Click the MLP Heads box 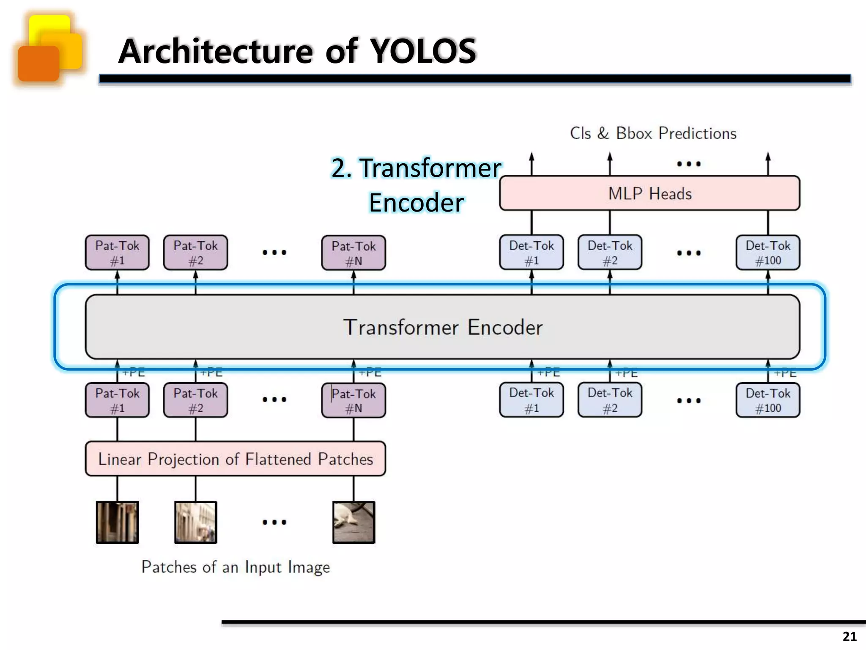pyautogui.click(x=649, y=193)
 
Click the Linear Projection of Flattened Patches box pyautogui.click(x=235, y=459)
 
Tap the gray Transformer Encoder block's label pyautogui.click(x=442, y=327)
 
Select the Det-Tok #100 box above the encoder pyautogui.click(x=767, y=253)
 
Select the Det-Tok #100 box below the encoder pyautogui.click(x=767, y=400)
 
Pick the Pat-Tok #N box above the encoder pyautogui.click(x=354, y=253)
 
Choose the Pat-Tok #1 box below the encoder pyautogui.click(x=117, y=400)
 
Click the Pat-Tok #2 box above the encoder pyautogui.click(x=195, y=253)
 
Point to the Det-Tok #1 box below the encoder pyautogui.click(x=531, y=400)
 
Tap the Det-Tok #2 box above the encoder pyautogui.click(x=610, y=253)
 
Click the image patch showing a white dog pyautogui.click(x=354, y=522)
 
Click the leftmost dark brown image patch pyautogui.click(x=117, y=522)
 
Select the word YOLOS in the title pyautogui.click(x=423, y=51)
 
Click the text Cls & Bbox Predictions pyautogui.click(x=653, y=133)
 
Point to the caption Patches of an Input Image pyautogui.click(x=235, y=567)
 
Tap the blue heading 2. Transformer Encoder pyautogui.click(x=416, y=185)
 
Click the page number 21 pyautogui.click(x=849, y=636)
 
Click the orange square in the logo pyautogui.click(x=38, y=63)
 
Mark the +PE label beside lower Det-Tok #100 pyautogui.click(x=785, y=373)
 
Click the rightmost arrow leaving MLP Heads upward pyautogui.click(x=768, y=163)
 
